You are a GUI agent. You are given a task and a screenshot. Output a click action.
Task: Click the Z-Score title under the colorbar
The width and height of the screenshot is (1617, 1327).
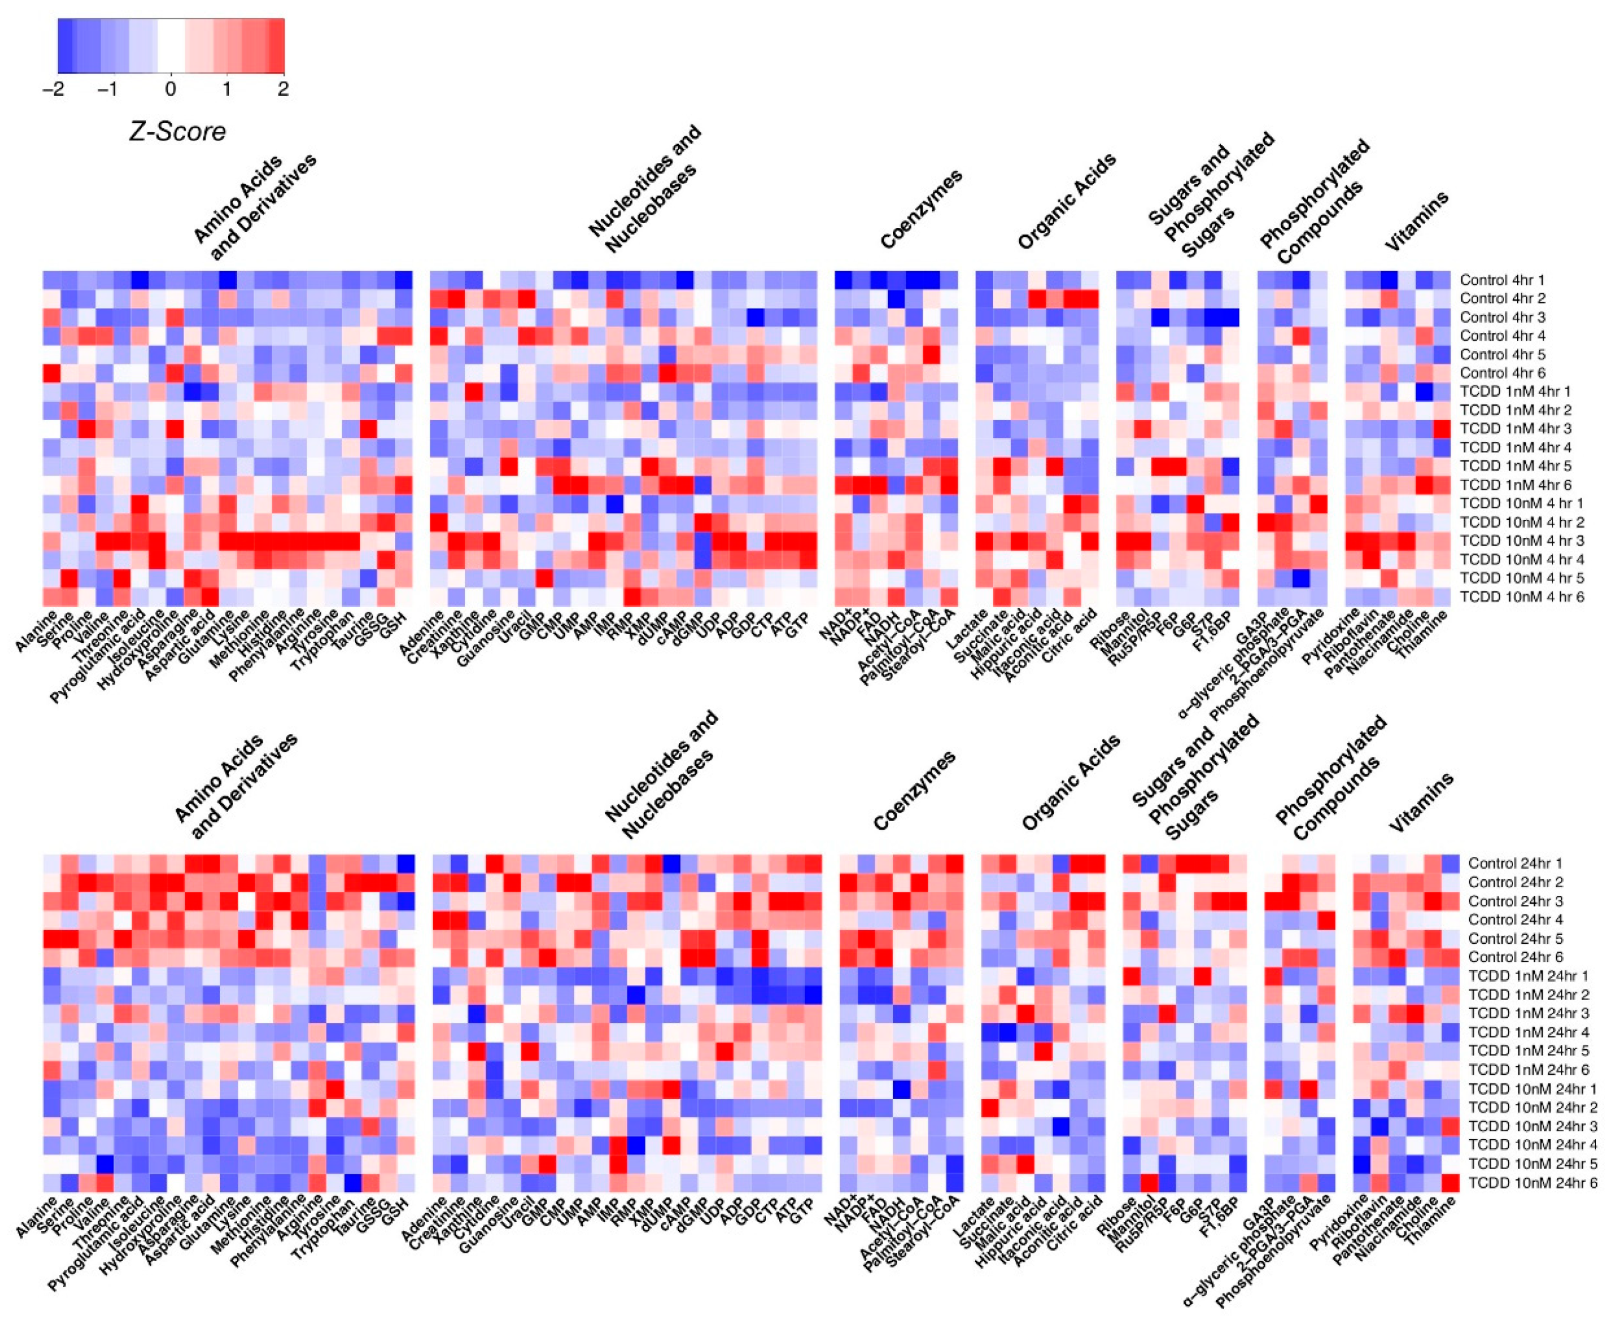pyautogui.click(x=177, y=132)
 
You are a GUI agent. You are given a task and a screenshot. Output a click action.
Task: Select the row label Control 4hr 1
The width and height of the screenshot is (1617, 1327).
pyautogui.click(x=1502, y=280)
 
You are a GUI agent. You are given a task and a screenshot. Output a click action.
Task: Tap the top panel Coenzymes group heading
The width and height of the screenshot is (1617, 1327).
pyautogui.click(x=921, y=210)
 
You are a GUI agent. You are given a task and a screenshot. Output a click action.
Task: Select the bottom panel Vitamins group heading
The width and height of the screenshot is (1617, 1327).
pyautogui.click(x=1421, y=803)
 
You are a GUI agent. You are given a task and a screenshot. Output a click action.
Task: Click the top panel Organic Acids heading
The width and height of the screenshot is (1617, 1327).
pyautogui.click(x=1066, y=201)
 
